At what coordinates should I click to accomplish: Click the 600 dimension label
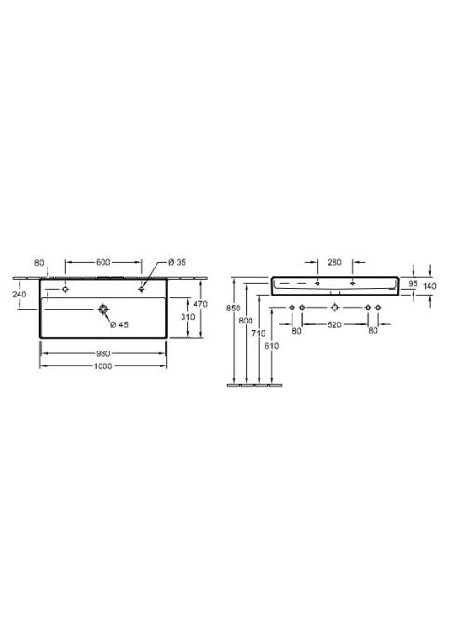103,262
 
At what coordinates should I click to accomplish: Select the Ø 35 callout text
177,262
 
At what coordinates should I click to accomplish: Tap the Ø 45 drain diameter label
119,325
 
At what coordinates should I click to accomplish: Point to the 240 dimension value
20,294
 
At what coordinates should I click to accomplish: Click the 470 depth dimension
200,304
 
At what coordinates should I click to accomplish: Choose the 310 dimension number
188,317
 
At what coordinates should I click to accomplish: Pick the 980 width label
103,353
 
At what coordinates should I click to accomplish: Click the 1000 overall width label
103,366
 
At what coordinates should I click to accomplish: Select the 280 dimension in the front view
334,262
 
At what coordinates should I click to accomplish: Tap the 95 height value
413,283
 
